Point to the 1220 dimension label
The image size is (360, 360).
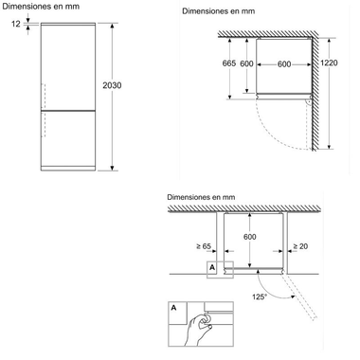tap(328, 63)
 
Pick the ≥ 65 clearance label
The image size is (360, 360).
tap(202, 247)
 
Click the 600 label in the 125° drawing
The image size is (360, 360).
tap(250, 237)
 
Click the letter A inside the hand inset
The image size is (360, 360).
tap(173, 308)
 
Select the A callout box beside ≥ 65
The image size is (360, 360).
tap(211, 268)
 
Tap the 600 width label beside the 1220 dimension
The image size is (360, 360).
tap(283, 63)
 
